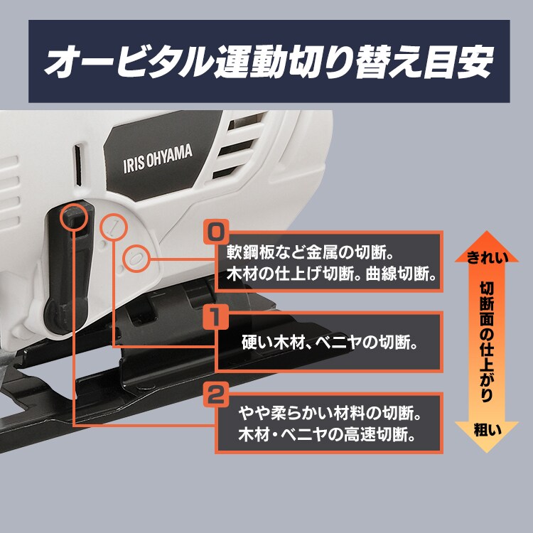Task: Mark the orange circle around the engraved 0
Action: tap(134, 258)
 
